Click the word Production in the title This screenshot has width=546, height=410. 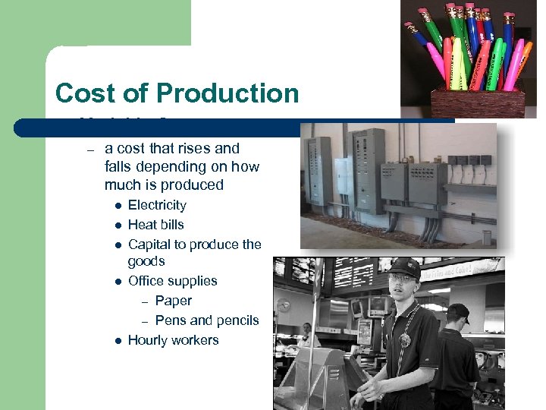coord(227,93)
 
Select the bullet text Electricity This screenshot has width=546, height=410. coord(157,205)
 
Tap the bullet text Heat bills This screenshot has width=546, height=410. coord(155,225)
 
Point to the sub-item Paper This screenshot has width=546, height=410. coord(173,301)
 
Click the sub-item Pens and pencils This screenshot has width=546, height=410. coord(206,320)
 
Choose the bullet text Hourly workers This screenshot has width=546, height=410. coord(173,340)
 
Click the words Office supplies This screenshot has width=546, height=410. coord(172,281)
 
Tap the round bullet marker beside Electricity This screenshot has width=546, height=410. coord(118,206)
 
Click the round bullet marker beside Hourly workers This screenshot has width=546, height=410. coord(118,341)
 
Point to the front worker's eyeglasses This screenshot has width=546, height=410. coord(403,279)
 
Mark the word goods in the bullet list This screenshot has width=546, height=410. coord(146,261)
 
